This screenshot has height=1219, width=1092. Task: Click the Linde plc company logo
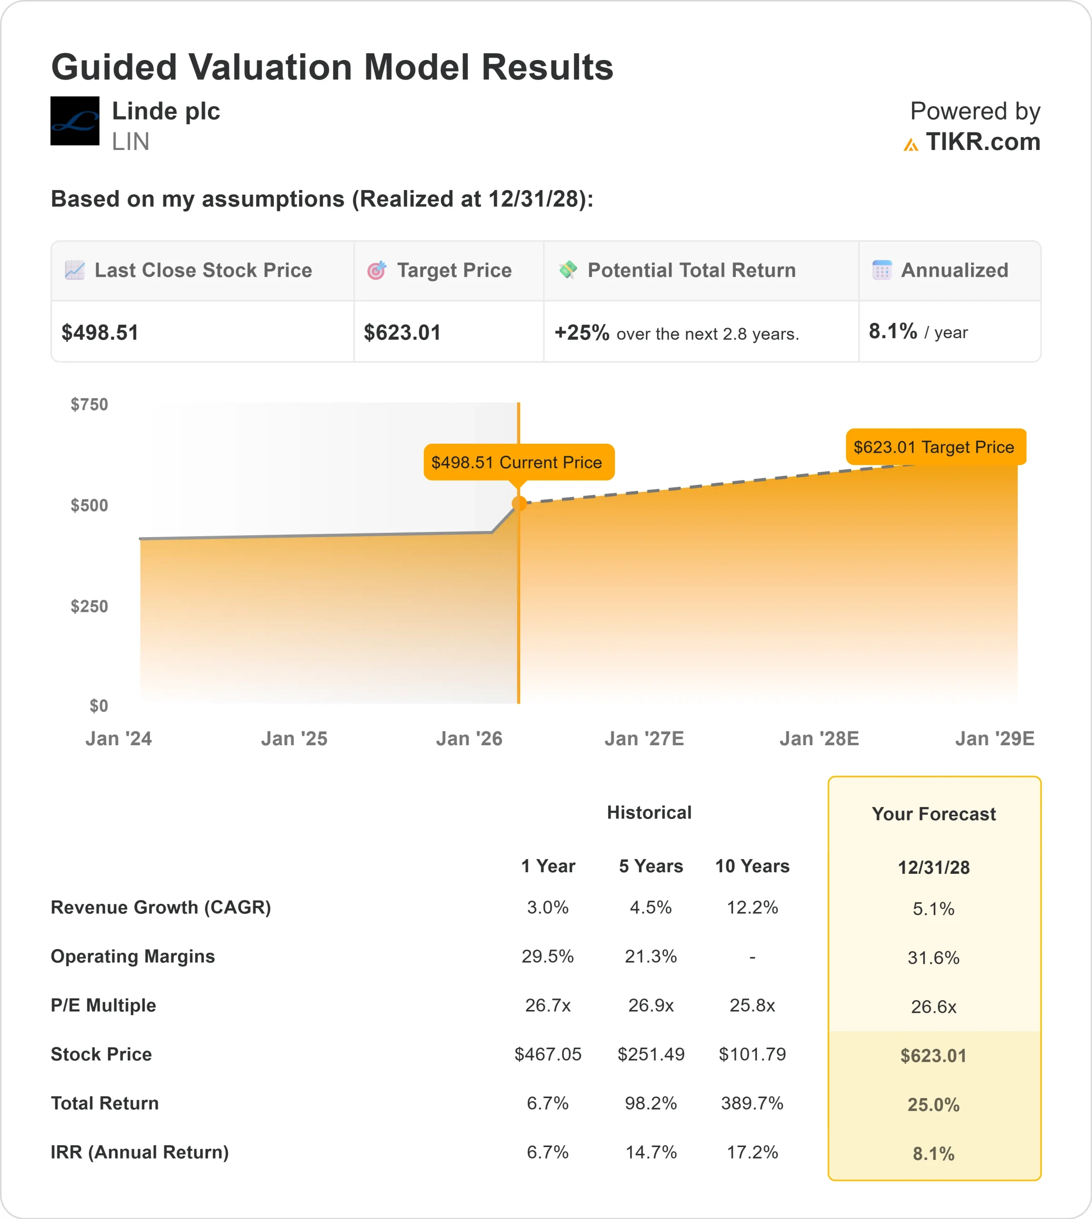point(74,120)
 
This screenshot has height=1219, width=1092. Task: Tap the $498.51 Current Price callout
point(519,462)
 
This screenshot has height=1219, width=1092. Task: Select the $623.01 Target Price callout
point(935,447)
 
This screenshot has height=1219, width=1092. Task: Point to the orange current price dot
point(519,503)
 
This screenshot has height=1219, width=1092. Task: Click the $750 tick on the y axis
point(90,404)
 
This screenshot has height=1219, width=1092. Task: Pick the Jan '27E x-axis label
point(644,739)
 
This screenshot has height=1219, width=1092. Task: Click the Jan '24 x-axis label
point(118,739)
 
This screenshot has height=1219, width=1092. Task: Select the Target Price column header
point(453,270)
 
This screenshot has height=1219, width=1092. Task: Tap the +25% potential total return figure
point(581,332)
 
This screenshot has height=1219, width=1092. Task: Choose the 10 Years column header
point(752,866)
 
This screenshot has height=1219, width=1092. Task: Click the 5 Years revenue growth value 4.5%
point(651,907)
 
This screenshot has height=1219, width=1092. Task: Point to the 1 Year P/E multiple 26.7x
point(547,1005)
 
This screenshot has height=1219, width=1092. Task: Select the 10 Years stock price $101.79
point(752,1054)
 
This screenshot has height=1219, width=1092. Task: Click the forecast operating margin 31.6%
point(933,958)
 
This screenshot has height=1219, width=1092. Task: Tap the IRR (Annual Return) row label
point(140,1152)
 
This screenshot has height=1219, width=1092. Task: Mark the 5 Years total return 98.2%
point(651,1103)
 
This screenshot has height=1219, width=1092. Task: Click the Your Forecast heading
point(933,814)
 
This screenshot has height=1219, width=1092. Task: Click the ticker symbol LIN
point(130,142)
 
